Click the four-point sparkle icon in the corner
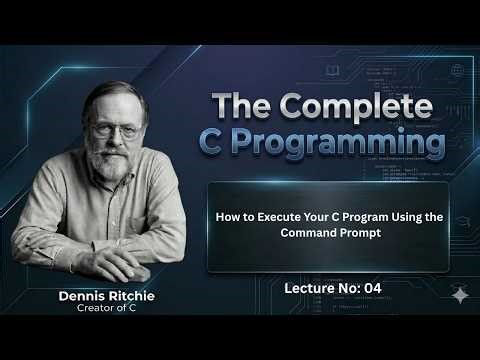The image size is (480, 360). point(460,295)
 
